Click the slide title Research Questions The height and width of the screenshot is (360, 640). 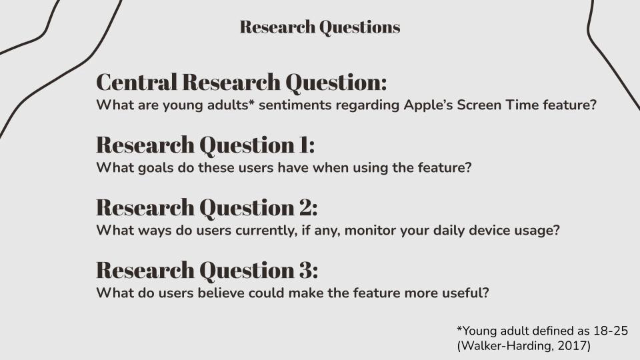click(x=319, y=27)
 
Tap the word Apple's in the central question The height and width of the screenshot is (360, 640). click(x=428, y=106)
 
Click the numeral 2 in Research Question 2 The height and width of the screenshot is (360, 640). click(x=305, y=207)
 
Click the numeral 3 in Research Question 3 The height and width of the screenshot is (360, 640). click(x=305, y=270)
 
